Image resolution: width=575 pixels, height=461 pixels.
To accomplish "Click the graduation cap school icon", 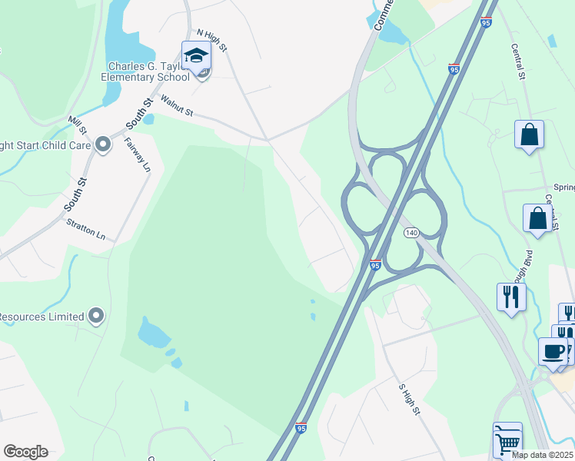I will click(195, 55).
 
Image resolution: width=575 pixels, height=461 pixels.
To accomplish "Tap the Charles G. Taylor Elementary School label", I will click(145, 71).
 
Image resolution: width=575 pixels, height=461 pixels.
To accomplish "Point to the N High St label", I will click(212, 41).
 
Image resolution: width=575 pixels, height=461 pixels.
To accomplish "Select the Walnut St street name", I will click(177, 107).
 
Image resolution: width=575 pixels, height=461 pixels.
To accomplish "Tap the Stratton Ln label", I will click(85, 230).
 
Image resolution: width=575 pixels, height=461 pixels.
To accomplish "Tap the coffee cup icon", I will click(553, 351).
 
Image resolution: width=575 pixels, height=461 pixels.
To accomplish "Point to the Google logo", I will click(25, 452).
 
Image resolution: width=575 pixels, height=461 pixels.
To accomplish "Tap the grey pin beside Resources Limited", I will click(96, 315).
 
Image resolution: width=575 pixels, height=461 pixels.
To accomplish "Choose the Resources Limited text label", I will click(42, 317).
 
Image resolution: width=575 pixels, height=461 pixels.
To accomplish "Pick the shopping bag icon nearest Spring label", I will click(537, 218).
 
